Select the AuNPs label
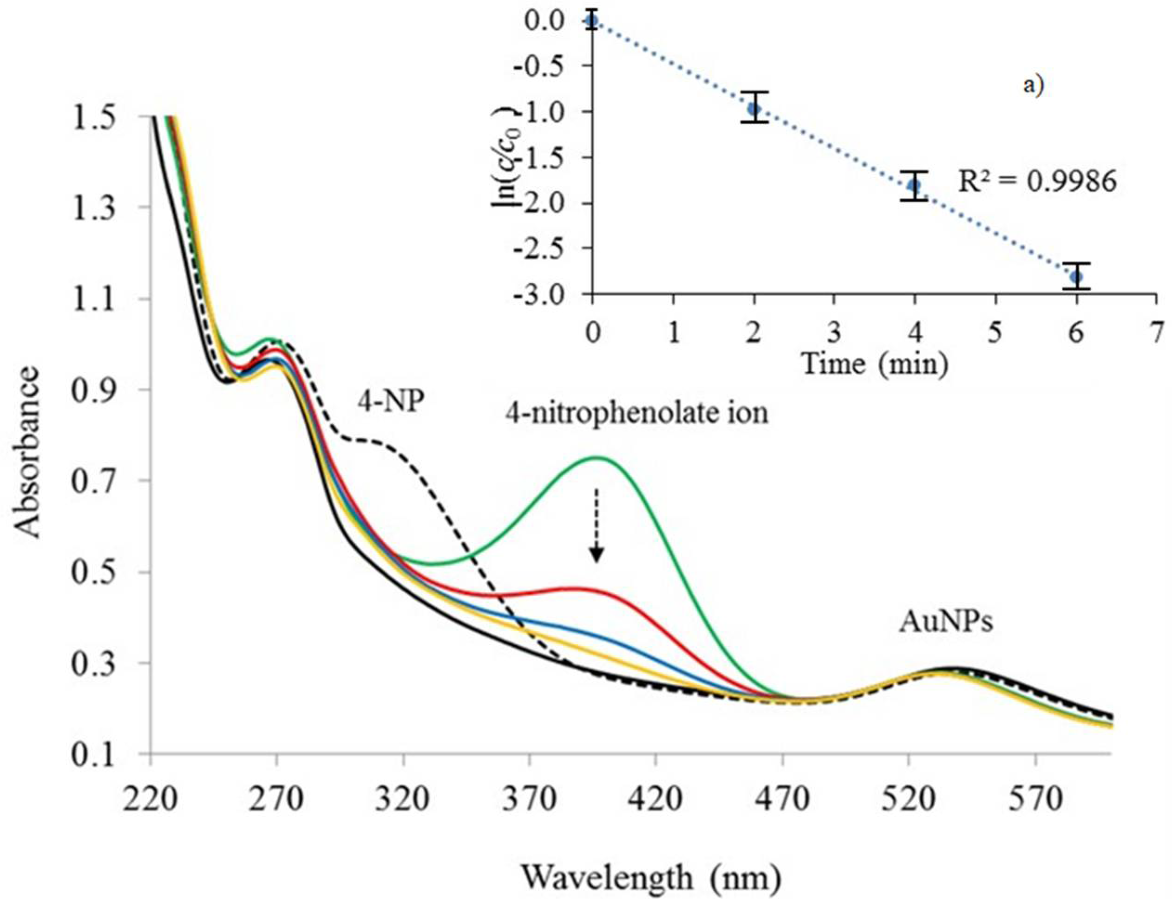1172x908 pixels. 945,622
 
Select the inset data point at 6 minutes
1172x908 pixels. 1076,277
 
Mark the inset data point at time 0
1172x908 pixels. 592,21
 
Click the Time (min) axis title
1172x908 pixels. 875,364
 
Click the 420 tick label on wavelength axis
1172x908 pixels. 655,800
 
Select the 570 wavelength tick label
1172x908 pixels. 1035,800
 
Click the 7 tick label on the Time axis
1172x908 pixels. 1156,334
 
